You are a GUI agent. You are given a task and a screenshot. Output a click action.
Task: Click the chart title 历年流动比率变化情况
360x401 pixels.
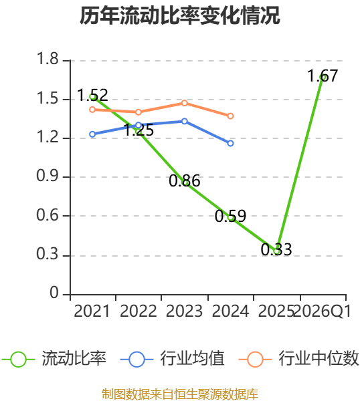tap(180, 16)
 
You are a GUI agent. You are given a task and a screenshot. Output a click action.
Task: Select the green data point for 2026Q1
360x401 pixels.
tap(323, 77)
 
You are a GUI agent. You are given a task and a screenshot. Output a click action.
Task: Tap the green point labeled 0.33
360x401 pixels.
tap(277, 251)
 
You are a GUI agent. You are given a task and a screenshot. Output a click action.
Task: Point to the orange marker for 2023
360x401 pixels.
tap(185, 103)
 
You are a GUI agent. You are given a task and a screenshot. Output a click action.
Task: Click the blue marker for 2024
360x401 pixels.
tap(230, 143)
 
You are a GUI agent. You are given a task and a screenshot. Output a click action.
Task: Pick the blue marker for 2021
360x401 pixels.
tap(92, 134)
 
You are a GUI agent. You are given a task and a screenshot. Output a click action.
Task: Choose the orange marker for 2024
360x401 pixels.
tap(230, 116)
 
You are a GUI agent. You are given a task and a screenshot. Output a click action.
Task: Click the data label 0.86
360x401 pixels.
tap(185, 181)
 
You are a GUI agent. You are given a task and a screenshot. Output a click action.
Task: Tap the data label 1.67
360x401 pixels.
tap(323, 76)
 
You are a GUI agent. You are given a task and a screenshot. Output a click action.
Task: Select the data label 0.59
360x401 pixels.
tap(230, 216)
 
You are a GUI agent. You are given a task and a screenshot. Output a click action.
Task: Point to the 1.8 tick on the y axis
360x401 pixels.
tap(48, 59)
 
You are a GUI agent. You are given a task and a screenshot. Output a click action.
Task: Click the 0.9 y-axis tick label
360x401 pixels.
tap(48, 176)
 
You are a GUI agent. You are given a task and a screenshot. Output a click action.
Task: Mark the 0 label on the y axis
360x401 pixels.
tap(54, 293)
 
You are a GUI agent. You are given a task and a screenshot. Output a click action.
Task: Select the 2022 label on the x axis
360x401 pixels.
tap(138, 311)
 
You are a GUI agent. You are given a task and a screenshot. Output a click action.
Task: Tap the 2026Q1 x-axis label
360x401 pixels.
tap(323, 311)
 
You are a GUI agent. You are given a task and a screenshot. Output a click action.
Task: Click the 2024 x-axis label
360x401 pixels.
tap(230, 311)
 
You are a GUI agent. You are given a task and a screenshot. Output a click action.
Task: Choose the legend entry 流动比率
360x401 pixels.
tap(54, 358)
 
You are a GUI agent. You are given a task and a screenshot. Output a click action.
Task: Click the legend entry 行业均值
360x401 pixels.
tap(173, 358)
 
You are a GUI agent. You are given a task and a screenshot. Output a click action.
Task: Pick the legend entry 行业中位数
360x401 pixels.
tap(298, 358)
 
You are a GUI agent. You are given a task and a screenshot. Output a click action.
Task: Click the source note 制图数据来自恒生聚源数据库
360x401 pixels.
tap(180, 394)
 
